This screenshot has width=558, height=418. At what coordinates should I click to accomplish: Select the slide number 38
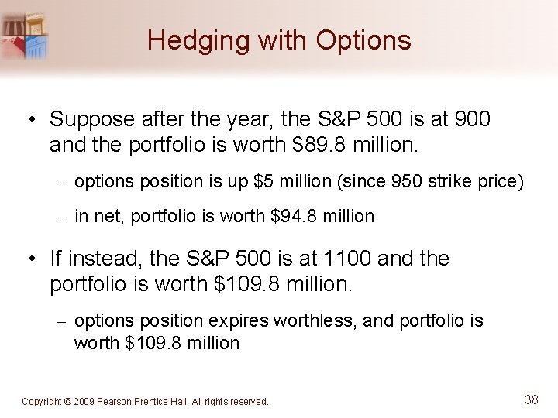tap(532, 399)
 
